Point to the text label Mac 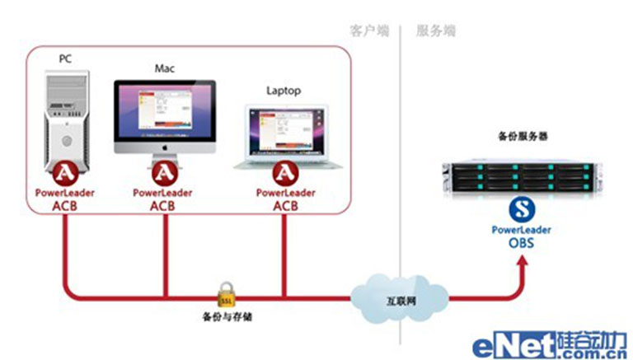tap(164, 68)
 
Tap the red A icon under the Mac tap(165, 174)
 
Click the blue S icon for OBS tap(520, 208)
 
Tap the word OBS tap(521, 242)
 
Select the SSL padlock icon tap(224, 293)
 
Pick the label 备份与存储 tap(224, 316)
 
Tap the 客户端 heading tap(368, 30)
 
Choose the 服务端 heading tap(434, 30)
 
